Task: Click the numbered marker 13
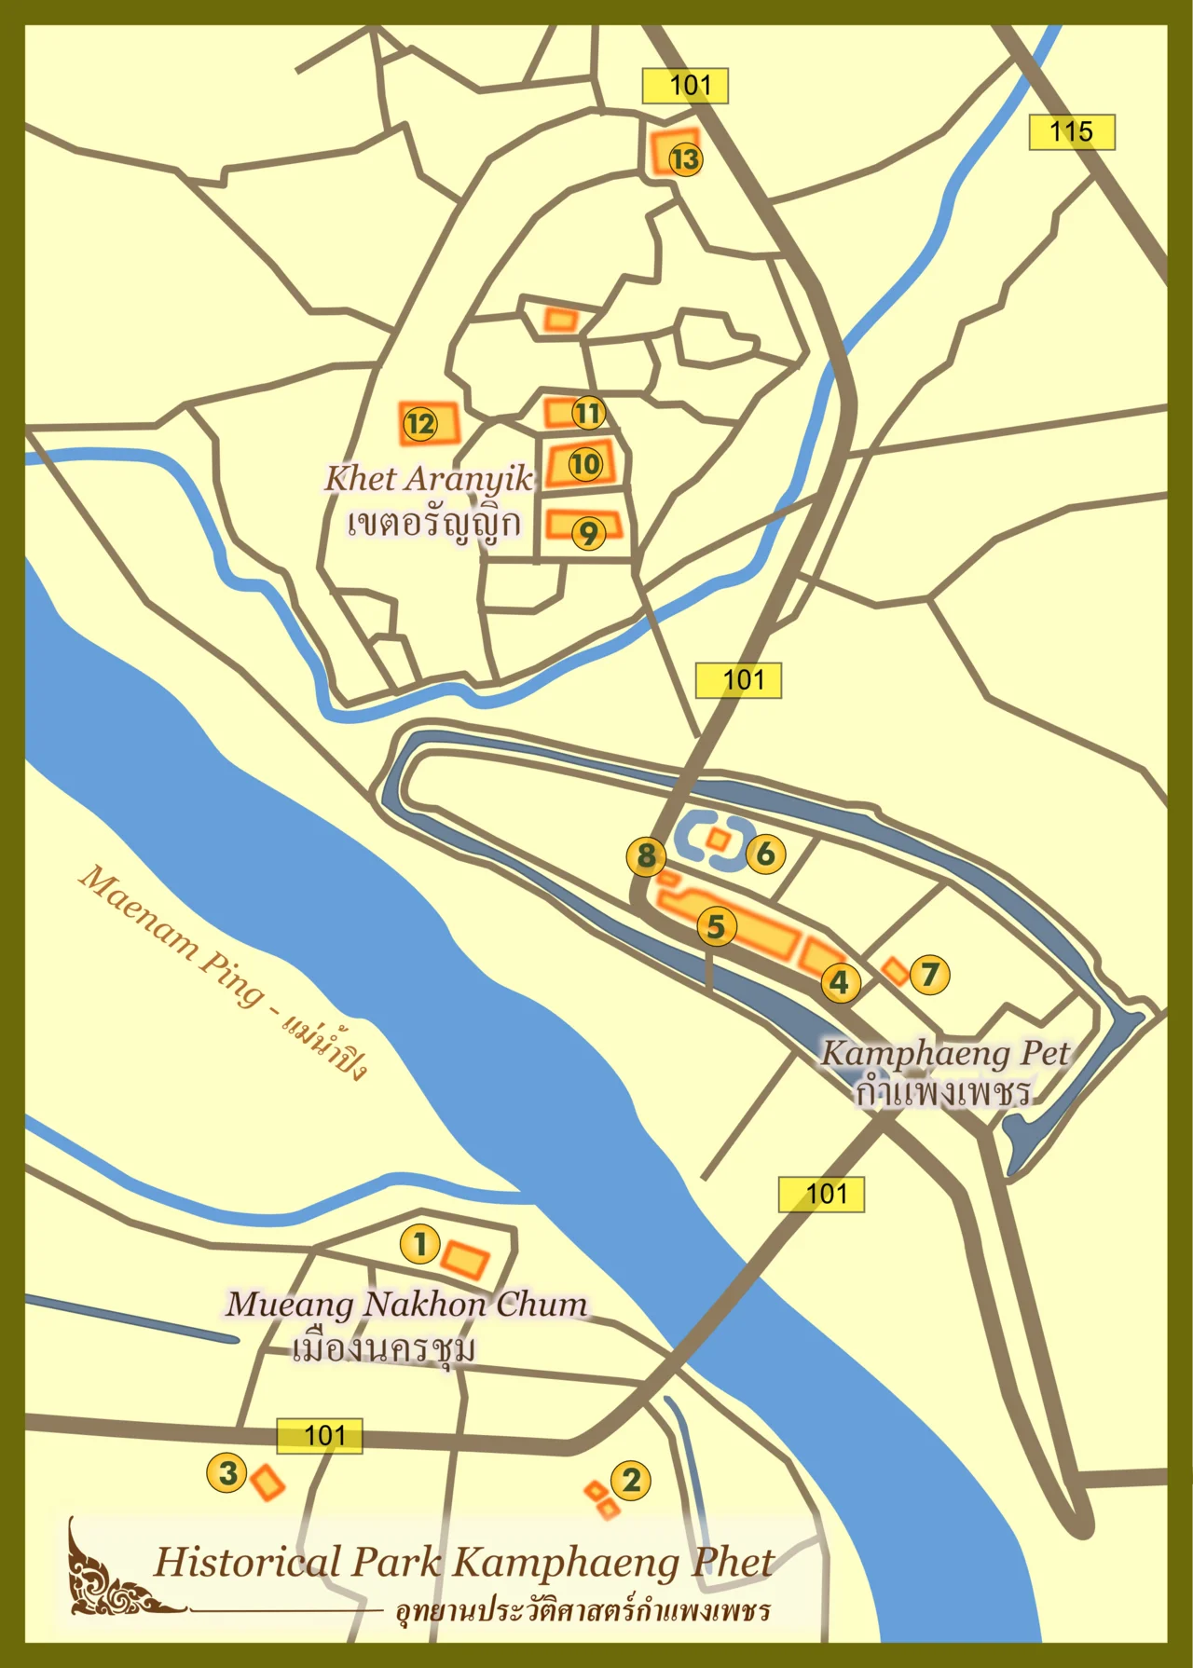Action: coord(685,159)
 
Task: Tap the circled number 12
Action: coord(420,425)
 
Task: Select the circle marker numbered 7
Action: coord(929,975)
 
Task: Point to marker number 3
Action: coord(226,1473)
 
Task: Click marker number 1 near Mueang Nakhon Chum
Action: coord(419,1243)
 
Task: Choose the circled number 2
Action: coord(631,1480)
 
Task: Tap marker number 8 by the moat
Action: coord(646,855)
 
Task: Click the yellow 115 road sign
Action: coord(1071,132)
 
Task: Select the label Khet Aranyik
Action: coord(429,479)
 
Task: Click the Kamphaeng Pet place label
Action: coord(944,1054)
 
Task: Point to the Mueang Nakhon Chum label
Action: coord(406,1305)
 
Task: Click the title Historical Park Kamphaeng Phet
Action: coord(463,1563)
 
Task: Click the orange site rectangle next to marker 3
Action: coord(267,1483)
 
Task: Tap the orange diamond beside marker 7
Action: coord(895,971)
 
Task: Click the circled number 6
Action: coord(765,854)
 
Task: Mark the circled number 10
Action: coord(585,463)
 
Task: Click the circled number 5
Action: coord(716,926)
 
